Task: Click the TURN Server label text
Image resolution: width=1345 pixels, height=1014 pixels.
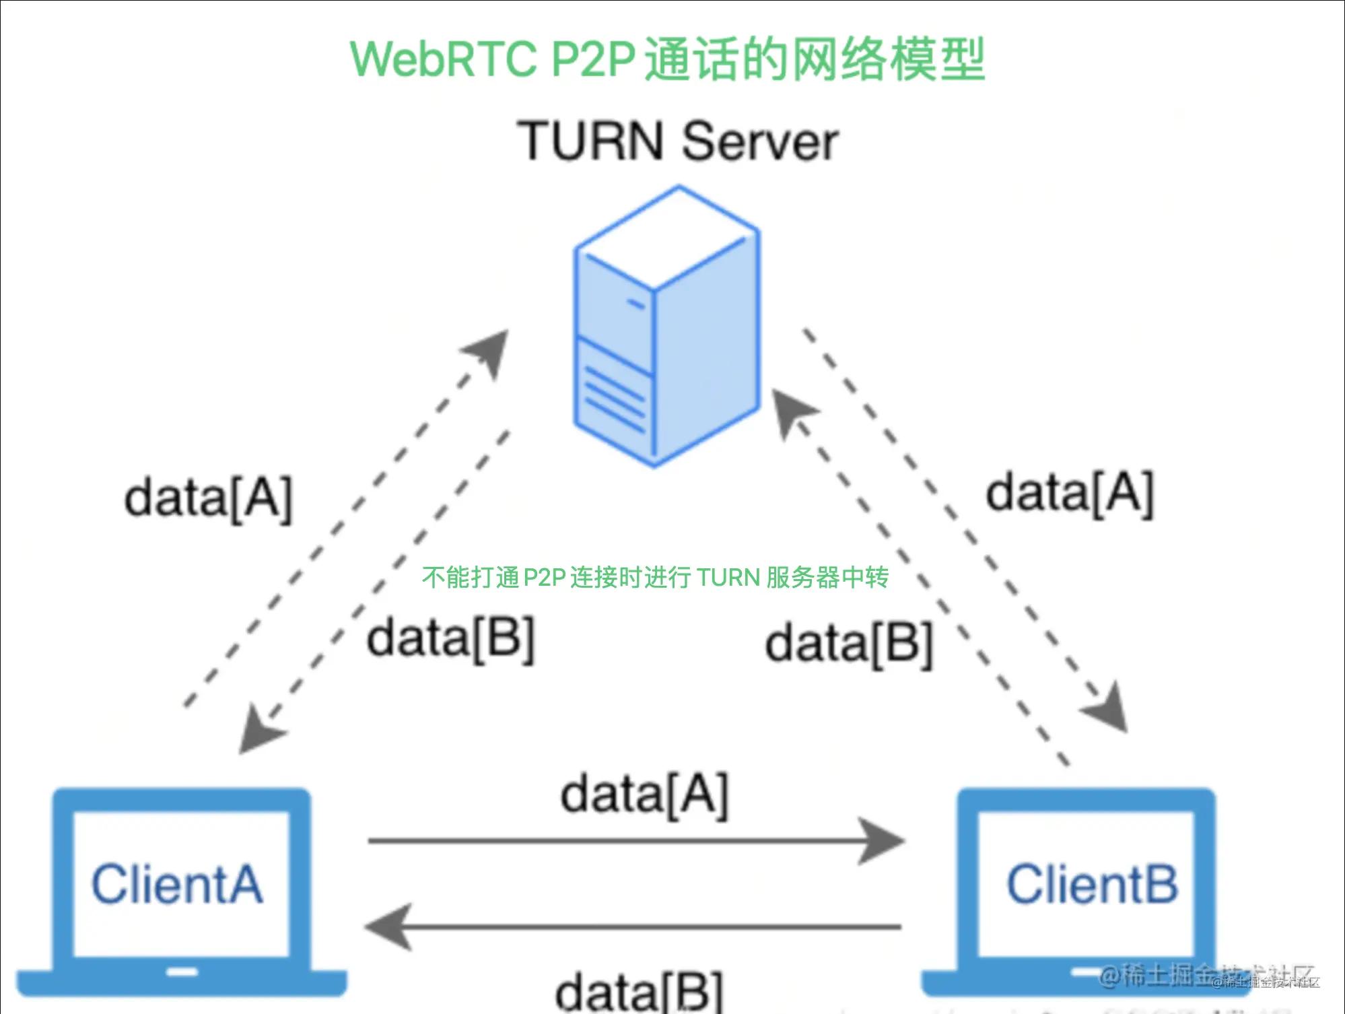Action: coord(677,141)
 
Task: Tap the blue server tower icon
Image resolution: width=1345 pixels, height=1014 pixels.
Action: coord(666,327)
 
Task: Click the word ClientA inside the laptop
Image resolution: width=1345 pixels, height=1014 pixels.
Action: coord(177,884)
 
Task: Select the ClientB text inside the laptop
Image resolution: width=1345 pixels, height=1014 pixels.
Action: coord(1092,884)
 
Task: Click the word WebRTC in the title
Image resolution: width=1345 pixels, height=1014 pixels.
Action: coord(443,59)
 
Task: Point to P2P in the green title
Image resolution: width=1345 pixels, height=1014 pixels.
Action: coord(593,59)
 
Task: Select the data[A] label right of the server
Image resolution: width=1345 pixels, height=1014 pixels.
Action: coord(1070,494)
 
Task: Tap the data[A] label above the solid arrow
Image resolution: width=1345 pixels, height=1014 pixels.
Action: coord(644,795)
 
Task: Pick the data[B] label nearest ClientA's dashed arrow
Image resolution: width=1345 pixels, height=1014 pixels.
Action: coord(450,638)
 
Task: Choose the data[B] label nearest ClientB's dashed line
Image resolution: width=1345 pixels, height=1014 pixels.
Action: coord(849,644)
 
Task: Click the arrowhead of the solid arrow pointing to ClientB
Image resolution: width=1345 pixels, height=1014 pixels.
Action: coord(883,840)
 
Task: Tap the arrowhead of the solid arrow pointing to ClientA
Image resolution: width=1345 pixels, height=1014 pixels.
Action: coord(388,926)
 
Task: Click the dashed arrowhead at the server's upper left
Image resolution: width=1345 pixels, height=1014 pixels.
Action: coord(491,349)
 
